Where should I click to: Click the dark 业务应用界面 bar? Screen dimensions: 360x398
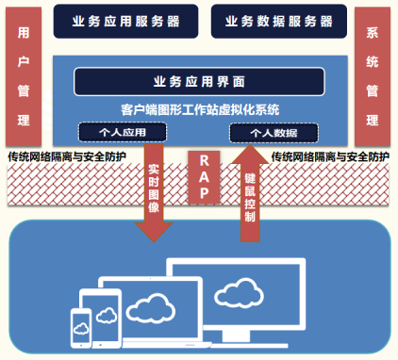[x=199, y=81]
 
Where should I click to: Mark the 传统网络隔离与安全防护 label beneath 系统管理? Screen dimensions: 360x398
[x=330, y=155]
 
